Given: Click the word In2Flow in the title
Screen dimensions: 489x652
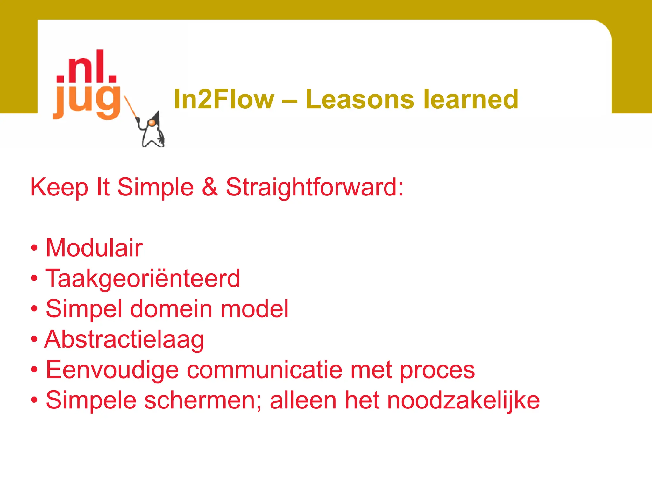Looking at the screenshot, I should coord(224,99).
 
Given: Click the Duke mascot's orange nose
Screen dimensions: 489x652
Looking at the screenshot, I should coord(152,123).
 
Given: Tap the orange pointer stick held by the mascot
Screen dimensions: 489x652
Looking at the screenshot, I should coord(130,106).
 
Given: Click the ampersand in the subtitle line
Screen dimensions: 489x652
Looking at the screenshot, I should coord(210,187).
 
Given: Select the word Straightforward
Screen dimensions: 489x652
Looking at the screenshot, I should coord(315,188).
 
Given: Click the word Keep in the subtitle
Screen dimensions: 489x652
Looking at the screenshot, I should coord(59,188).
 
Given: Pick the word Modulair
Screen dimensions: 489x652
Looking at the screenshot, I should coord(94,248).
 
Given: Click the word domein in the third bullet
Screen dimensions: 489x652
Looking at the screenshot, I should coord(171,309).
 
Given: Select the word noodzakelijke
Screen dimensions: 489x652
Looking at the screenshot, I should coord(464,400).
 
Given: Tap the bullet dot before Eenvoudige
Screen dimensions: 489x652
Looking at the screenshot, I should coord(34,370).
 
